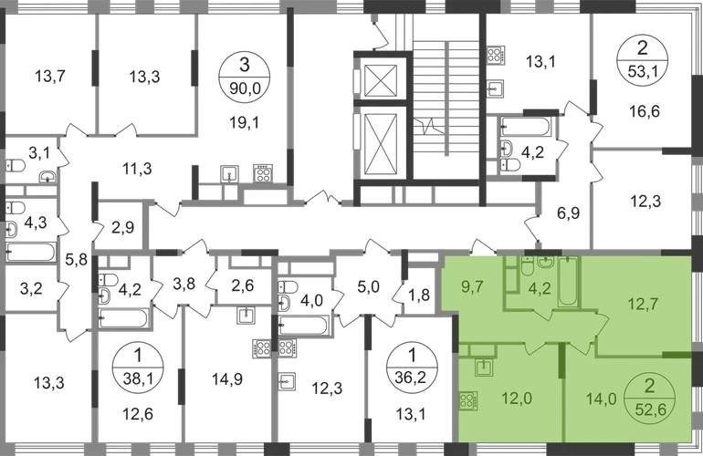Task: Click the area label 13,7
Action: click(50, 77)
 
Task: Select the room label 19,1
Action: click(244, 122)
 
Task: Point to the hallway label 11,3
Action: click(137, 169)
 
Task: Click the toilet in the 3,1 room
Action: click(16, 166)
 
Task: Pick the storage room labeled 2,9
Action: click(122, 228)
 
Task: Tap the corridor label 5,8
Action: click(77, 259)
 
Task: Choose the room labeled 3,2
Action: click(31, 288)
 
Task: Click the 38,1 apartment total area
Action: click(138, 380)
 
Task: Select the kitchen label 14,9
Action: click(227, 379)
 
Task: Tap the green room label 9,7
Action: click(472, 286)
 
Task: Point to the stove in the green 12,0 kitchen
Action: click(467, 401)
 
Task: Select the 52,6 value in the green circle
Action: click(649, 408)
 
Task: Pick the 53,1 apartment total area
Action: click(643, 72)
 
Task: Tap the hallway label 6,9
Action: click(569, 213)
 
